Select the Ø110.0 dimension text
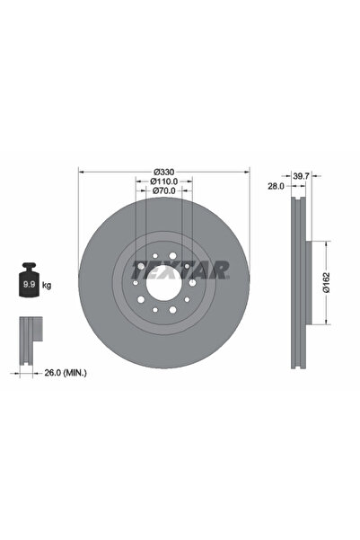(162, 181)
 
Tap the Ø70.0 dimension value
(162, 190)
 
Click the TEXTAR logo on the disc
(180, 268)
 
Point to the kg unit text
(46, 285)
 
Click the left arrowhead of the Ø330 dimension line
(82, 172)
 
